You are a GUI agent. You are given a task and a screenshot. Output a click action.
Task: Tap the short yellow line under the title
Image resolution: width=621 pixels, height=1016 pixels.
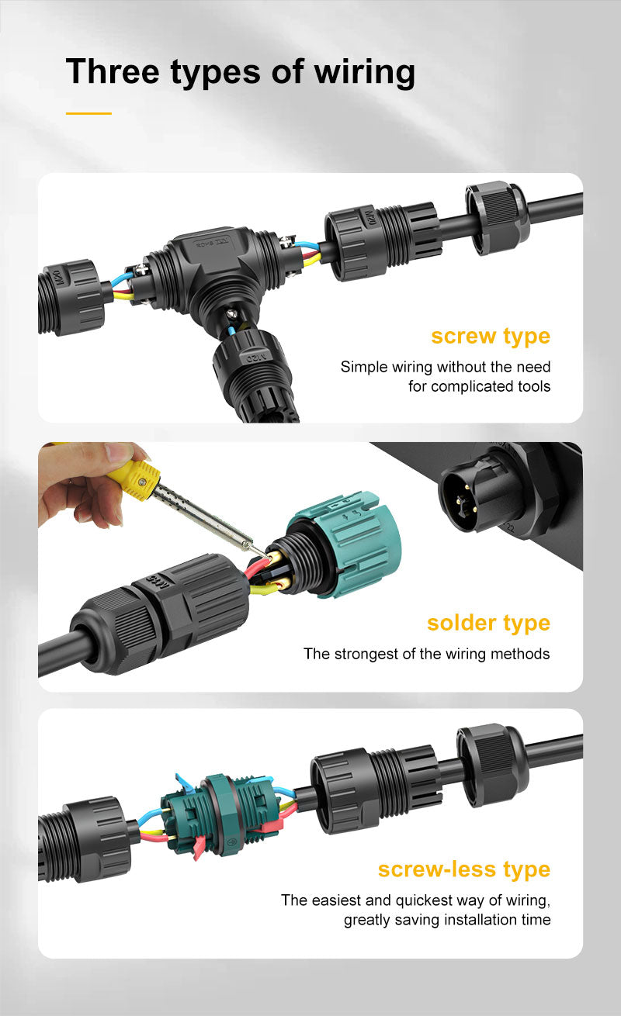(x=88, y=113)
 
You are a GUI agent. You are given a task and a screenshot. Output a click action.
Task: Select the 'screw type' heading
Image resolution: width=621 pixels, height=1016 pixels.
(x=491, y=337)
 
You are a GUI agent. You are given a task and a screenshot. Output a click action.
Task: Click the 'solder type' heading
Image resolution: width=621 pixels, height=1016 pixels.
(x=488, y=624)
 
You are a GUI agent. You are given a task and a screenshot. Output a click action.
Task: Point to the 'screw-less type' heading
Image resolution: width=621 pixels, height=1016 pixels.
(x=464, y=869)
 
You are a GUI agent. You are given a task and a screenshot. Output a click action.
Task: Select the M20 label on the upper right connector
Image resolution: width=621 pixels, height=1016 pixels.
(x=370, y=219)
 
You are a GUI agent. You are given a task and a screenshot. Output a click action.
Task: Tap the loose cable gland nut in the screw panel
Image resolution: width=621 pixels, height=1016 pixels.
(x=497, y=218)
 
